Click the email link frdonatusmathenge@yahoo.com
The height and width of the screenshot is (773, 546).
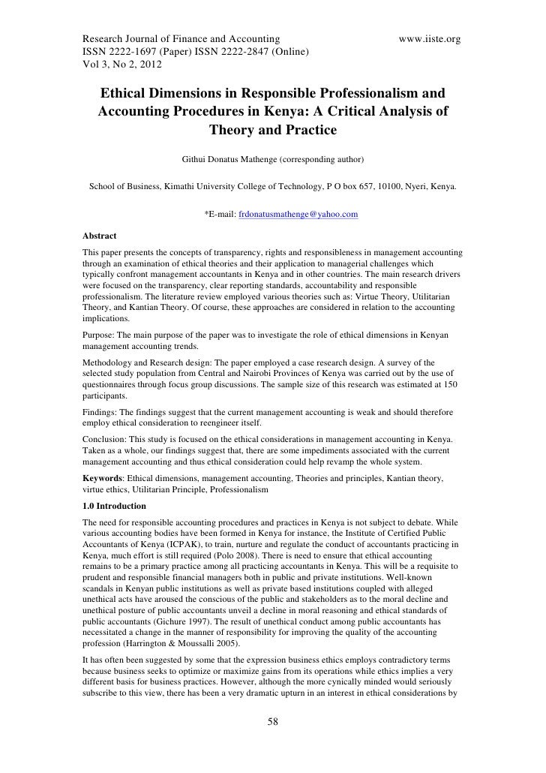tap(298, 215)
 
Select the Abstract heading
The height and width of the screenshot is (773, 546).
tap(100, 236)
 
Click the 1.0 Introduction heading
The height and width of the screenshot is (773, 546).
tap(115, 507)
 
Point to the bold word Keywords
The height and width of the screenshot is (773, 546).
tap(103, 478)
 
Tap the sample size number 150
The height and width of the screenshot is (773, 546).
tap(457, 383)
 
